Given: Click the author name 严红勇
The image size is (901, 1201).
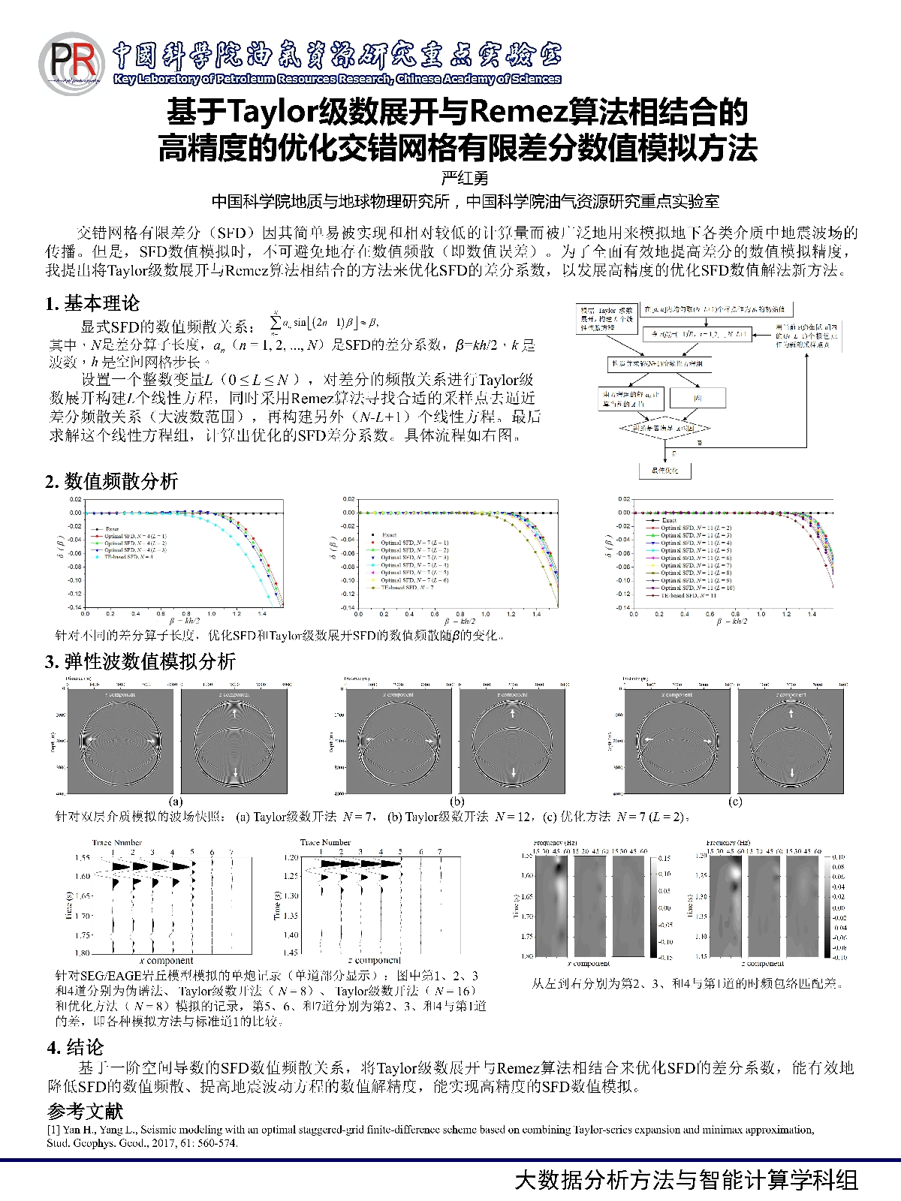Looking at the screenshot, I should click(x=464, y=178).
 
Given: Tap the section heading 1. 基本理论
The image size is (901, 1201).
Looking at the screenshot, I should click(x=92, y=303).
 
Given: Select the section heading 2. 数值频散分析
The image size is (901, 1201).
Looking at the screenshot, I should click(x=111, y=481).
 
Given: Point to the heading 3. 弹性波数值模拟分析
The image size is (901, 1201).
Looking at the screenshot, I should click(x=140, y=661).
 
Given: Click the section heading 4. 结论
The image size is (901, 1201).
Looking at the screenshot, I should click(x=75, y=1047).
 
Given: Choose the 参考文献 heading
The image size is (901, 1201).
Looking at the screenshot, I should click(x=85, y=1111).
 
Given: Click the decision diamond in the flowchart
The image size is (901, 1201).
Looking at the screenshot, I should click(x=664, y=428).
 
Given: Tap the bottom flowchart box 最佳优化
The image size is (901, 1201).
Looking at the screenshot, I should click(x=664, y=471).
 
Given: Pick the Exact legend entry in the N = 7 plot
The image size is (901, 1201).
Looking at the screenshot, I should click(x=389, y=535).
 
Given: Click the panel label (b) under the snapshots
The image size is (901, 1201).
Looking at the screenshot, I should click(x=457, y=801).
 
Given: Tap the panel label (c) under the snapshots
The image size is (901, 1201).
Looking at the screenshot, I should click(x=735, y=801).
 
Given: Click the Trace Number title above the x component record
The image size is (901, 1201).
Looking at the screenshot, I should click(x=117, y=842).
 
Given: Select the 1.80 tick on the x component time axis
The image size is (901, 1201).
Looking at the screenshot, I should click(x=81, y=953).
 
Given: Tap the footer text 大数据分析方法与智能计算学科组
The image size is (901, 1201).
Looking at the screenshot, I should click(x=686, y=1179).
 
